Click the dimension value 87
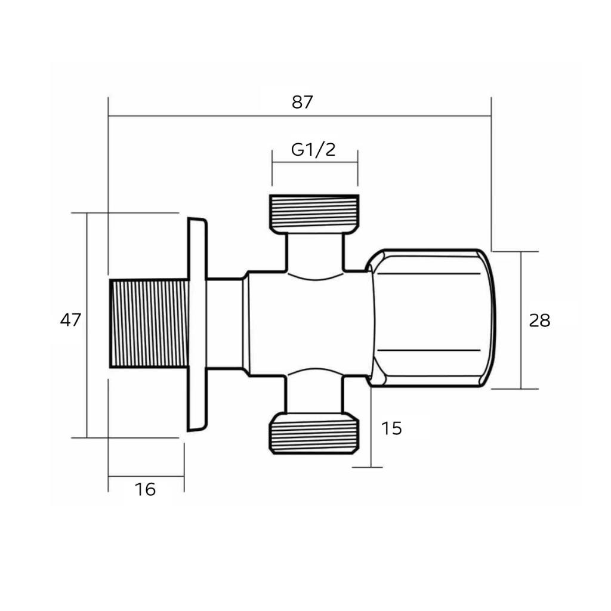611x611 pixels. tap(302, 102)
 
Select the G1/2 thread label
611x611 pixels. tap(313, 150)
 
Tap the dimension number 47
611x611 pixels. tap(70, 320)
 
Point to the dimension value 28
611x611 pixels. tap(539, 320)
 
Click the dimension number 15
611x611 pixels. tap(391, 428)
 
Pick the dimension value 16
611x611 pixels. tap(145, 489)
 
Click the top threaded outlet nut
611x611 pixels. tap(314, 214)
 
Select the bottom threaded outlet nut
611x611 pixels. tap(314, 433)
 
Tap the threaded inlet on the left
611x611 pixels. tap(149, 323)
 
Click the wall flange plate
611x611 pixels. tap(197, 325)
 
